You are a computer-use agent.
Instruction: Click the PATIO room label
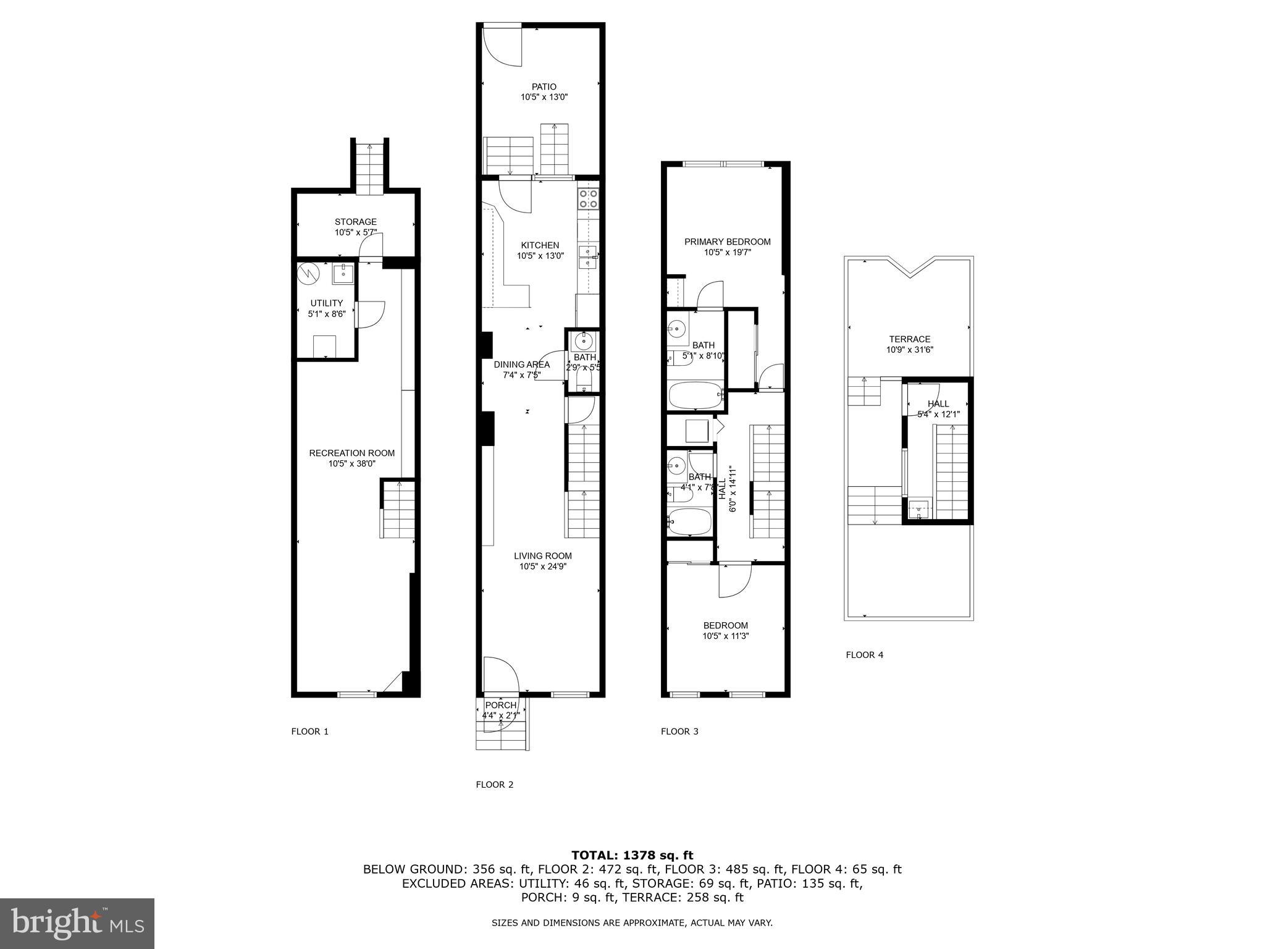click(x=544, y=87)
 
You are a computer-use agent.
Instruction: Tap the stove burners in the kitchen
click(x=587, y=198)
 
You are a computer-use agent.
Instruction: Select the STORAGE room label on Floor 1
click(x=355, y=222)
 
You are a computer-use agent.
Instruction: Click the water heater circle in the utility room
click(x=307, y=273)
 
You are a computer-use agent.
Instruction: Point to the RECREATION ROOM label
click(x=351, y=453)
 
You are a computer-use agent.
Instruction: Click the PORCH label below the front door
click(x=500, y=705)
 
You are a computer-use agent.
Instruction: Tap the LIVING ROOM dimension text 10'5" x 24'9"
click(x=542, y=567)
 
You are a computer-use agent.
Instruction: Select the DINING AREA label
click(x=521, y=365)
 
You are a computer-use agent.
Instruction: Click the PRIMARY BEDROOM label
click(x=727, y=242)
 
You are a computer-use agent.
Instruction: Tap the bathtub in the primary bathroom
click(x=695, y=395)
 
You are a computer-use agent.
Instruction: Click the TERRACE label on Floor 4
click(x=909, y=339)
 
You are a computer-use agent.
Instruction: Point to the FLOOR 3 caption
click(x=679, y=732)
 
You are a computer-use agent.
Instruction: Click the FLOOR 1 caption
click(x=309, y=732)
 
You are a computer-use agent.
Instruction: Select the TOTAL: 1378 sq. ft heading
click(x=632, y=855)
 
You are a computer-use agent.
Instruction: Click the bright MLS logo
click(x=77, y=923)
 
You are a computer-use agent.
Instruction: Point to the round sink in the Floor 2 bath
click(x=584, y=340)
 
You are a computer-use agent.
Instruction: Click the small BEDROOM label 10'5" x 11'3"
click(x=725, y=625)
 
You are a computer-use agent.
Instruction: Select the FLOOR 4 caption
click(x=864, y=655)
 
